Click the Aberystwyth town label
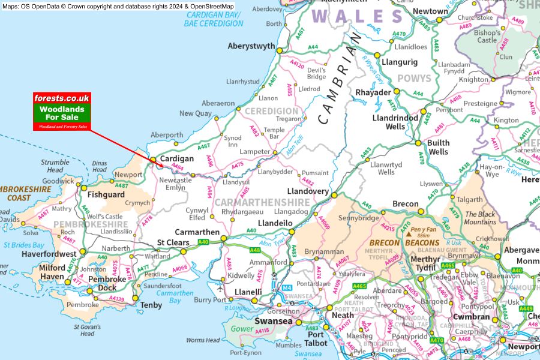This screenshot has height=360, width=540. (251, 46)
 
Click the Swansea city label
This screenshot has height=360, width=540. (274, 322)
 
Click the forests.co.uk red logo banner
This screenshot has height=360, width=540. (62, 98)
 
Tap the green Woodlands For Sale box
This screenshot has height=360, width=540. (62, 113)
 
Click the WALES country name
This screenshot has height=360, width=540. (357, 16)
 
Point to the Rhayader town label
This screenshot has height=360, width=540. (373, 92)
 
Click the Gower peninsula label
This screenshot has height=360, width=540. (243, 329)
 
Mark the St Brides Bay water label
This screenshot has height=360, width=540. (23, 245)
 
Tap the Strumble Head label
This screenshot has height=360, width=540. (55, 166)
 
